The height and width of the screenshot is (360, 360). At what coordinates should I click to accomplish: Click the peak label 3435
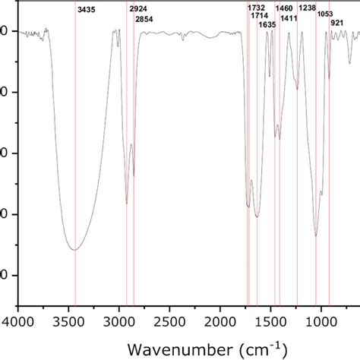coord(87,11)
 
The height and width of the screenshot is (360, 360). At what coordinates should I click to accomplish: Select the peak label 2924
coord(138,8)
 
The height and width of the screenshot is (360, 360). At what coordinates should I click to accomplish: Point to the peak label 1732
coord(257,8)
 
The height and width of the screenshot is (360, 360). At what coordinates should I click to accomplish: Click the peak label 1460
coord(284,8)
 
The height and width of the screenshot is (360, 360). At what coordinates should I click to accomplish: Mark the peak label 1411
coord(289,17)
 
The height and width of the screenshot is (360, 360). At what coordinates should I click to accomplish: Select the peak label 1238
coord(308,8)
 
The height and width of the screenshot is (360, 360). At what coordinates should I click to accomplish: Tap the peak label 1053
coord(325,14)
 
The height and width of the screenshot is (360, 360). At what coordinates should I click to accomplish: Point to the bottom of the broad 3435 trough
coord(74,249)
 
